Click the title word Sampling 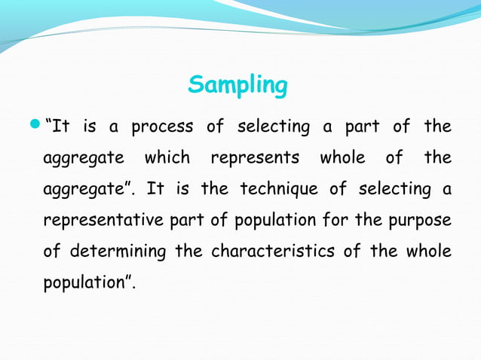click(x=237, y=86)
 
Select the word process click(x=162, y=127)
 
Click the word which click(x=167, y=158)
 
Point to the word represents click(x=254, y=158)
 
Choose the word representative click(x=99, y=220)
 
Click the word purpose click(x=419, y=220)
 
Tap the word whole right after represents click(x=342, y=158)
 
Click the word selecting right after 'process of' click(x=273, y=127)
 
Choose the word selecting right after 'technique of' click(x=395, y=189)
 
